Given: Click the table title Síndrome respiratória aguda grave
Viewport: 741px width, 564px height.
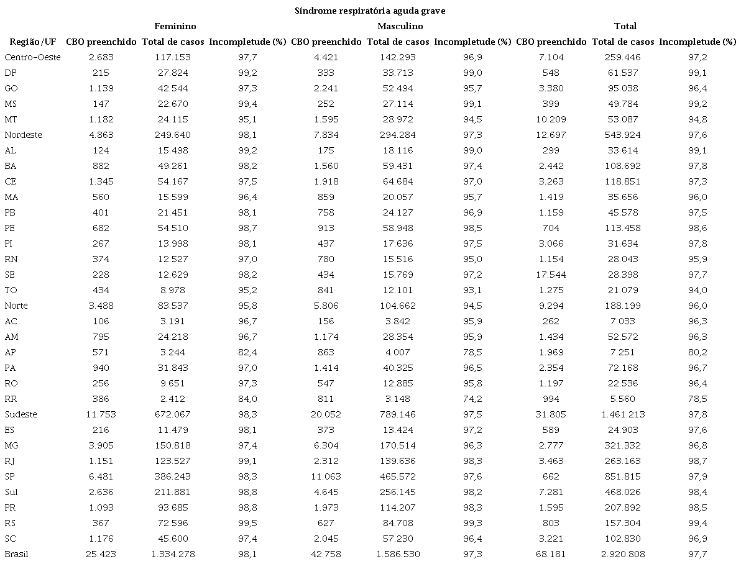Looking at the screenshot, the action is pos(370,11).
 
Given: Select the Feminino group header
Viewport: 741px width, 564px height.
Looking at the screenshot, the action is pos(175,26).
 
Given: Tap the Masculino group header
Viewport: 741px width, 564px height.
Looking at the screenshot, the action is pos(400,26).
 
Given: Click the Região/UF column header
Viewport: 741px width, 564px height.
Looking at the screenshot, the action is pos(31,42).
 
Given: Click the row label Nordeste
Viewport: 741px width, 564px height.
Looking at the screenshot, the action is pos(23,135).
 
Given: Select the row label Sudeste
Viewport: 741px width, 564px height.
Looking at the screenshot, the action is pos(21,414).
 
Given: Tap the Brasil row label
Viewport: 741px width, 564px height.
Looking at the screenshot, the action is pos(17,554).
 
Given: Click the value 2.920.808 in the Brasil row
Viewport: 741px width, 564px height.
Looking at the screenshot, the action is pos(623,554).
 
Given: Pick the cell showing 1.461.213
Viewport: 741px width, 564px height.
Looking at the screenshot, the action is pos(623,414).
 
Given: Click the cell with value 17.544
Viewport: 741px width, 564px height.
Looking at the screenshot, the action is pos(551,275).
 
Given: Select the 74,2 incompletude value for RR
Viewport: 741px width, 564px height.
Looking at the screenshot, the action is pos(472,399).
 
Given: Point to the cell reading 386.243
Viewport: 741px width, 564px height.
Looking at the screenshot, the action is pos(173,476).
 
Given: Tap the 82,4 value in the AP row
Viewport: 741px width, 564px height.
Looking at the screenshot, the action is pos(247,352).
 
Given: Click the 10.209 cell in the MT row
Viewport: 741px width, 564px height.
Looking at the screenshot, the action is pos(551,119).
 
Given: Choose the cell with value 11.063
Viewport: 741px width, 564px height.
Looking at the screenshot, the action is pos(326,476).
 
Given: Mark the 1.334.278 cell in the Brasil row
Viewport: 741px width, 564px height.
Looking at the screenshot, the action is pos(173,554).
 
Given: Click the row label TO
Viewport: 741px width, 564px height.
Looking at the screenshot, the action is pos(11,290).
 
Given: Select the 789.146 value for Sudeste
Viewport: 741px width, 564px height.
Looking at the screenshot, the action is pos(398,414).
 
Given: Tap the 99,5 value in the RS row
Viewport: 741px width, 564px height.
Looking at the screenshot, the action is pos(247,523).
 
